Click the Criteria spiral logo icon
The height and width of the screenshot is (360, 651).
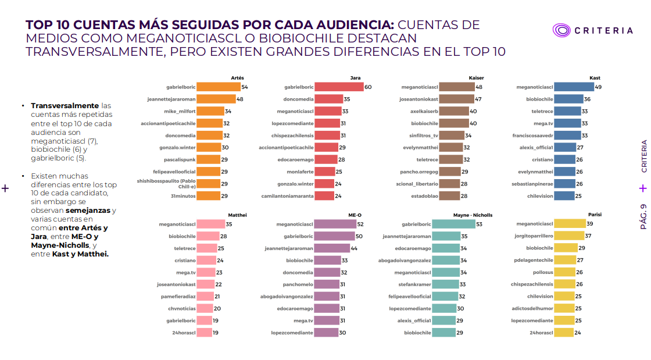point(561,30)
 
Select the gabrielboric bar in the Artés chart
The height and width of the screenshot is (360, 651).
point(219,87)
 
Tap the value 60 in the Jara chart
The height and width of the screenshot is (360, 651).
point(368,87)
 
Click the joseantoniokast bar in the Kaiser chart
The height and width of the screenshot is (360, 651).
point(457,99)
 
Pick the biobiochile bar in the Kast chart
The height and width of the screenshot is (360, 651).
point(569,99)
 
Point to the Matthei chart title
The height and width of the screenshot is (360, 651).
point(238,215)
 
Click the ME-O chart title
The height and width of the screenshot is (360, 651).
point(355,215)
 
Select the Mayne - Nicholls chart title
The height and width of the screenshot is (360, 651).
point(473,215)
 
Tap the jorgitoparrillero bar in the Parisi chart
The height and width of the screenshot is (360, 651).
point(569,236)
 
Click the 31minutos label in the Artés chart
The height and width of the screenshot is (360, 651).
point(183,196)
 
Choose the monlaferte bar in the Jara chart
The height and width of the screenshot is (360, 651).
point(325,172)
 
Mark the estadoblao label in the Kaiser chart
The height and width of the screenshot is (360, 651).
point(424,196)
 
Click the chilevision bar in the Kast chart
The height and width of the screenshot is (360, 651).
point(564,195)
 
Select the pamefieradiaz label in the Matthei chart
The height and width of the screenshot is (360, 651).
point(178,297)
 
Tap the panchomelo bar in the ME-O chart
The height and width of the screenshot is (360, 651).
point(327,284)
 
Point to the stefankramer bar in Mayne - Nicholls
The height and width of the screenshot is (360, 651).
point(445,284)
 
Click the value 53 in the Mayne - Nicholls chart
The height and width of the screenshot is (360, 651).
point(479,224)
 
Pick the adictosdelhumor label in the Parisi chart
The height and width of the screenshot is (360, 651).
point(532,308)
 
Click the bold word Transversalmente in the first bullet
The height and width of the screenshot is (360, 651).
point(65,106)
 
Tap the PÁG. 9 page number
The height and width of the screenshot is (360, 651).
point(643,216)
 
